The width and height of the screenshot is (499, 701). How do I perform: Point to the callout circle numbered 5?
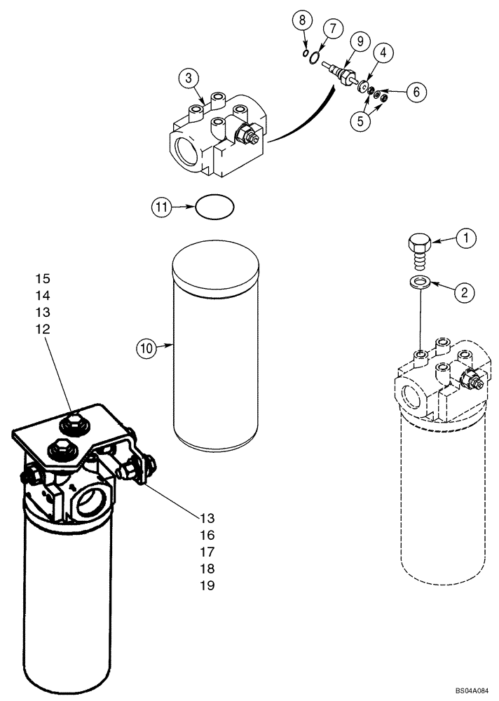click(x=362, y=120)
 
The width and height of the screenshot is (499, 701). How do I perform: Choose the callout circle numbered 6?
click(x=416, y=91)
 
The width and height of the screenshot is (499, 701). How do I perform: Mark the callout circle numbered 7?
click(x=331, y=29)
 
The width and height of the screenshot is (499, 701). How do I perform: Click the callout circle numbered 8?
click(x=303, y=20)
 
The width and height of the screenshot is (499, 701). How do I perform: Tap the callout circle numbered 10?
click(x=146, y=347)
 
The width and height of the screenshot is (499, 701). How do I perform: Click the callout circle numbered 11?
click(x=162, y=207)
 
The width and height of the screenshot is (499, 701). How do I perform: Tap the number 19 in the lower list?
click(x=207, y=585)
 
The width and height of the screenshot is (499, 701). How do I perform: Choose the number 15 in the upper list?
click(x=42, y=278)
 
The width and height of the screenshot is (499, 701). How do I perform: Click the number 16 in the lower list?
click(x=207, y=535)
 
